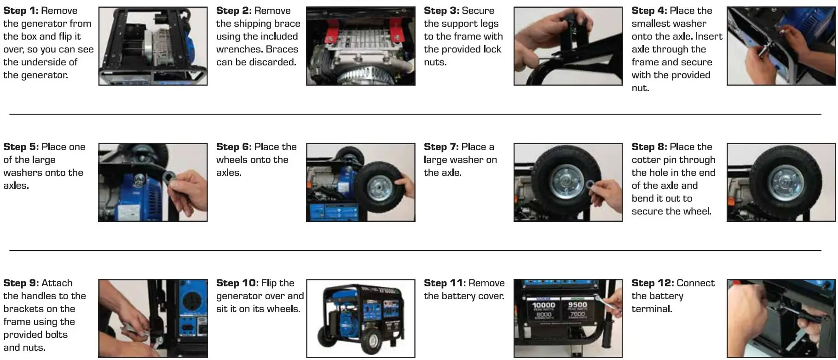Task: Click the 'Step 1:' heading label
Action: pyautogui.click(x=21, y=11)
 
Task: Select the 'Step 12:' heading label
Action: pyautogui.click(x=652, y=283)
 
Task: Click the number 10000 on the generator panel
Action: pyautogui.click(x=543, y=305)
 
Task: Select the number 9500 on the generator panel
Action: pyautogui.click(x=577, y=305)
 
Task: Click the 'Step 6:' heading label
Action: pyautogui.click(x=234, y=147)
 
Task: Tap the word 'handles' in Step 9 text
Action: pyautogui.click(x=44, y=296)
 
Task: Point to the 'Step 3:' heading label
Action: pyautogui.click(x=441, y=11)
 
